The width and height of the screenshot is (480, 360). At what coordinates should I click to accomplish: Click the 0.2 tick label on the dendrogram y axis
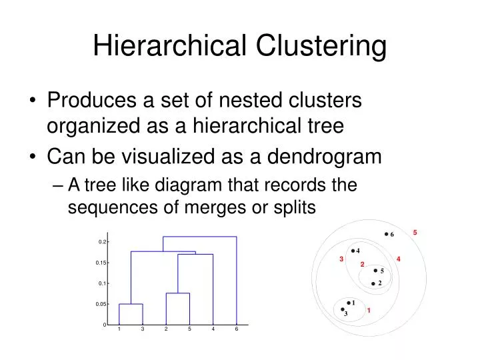pyautogui.click(x=102, y=242)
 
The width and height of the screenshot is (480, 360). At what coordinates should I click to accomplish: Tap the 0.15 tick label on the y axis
pyautogui.click(x=101, y=263)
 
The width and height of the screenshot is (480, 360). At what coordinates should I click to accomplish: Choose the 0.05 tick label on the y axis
pyautogui.click(x=101, y=304)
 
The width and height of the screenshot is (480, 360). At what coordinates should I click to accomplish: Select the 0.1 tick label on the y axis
pyautogui.click(x=102, y=283)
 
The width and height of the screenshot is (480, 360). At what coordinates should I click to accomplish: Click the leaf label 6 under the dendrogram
pyautogui.click(x=237, y=329)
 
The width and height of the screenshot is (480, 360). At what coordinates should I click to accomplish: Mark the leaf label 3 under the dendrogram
pyautogui.click(x=143, y=329)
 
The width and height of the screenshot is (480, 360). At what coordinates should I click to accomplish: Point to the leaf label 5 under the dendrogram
pyautogui.click(x=189, y=329)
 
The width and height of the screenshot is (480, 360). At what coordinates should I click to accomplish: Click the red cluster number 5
pyautogui.click(x=415, y=232)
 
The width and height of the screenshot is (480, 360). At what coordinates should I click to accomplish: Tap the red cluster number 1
pyautogui.click(x=368, y=311)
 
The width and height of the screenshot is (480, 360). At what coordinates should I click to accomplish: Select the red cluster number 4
pyautogui.click(x=398, y=259)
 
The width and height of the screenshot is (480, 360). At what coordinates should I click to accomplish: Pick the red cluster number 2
pyautogui.click(x=362, y=265)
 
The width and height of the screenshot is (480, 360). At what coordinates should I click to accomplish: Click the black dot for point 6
pyautogui.click(x=386, y=234)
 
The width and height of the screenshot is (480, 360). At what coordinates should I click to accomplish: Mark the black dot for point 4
pyautogui.click(x=353, y=251)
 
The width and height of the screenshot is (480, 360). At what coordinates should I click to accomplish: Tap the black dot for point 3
pyautogui.click(x=343, y=310)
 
